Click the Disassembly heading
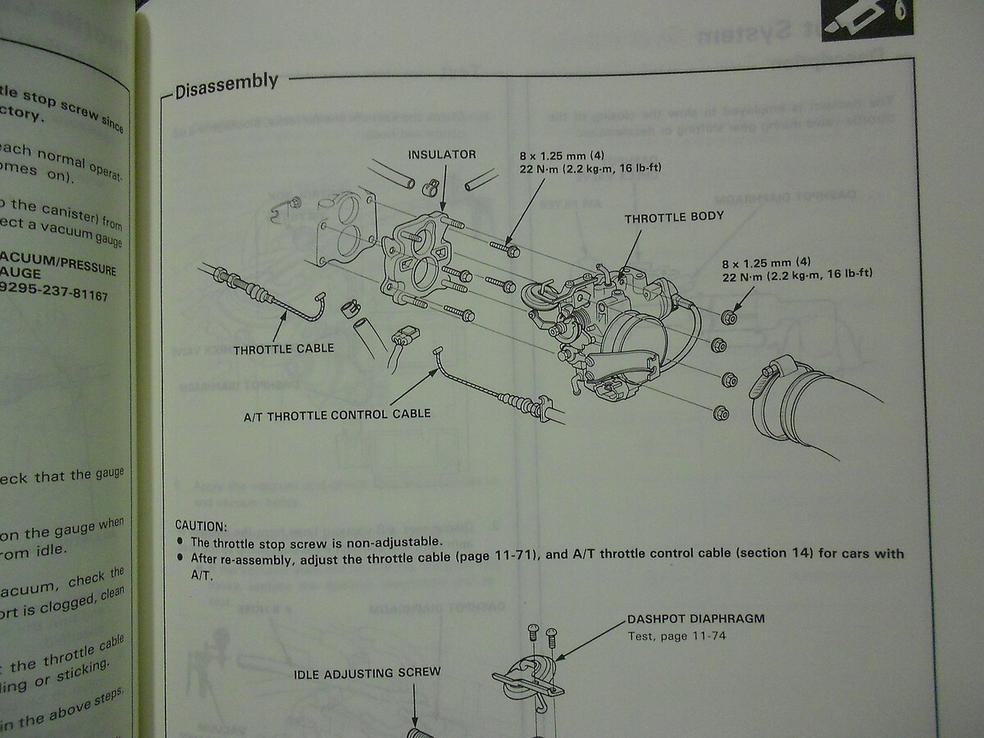coord(226,84)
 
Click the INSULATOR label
coord(441,154)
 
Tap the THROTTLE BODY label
coord(674,218)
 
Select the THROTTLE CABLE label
coord(284,348)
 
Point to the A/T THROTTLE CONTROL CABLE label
coord(337,414)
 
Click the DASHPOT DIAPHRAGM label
coord(695,618)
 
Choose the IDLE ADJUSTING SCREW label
coord(367,672)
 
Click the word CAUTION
coord(201,526)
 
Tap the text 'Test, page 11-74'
coord(676,635)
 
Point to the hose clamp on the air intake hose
coord(772,379)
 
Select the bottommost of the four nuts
coord(721,412)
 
